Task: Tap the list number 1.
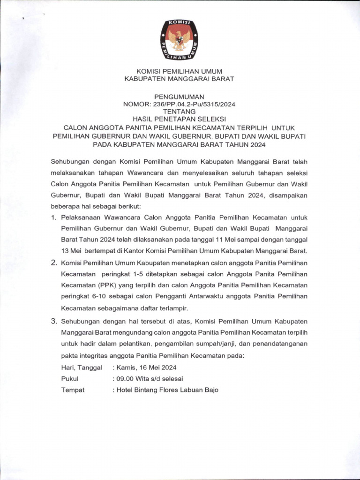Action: coord(53,218)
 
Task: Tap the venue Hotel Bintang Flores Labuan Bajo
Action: coord(168,390)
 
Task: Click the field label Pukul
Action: coord(70,378)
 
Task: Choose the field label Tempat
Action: coord(73,390)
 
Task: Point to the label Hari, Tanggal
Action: coord(82,367)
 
